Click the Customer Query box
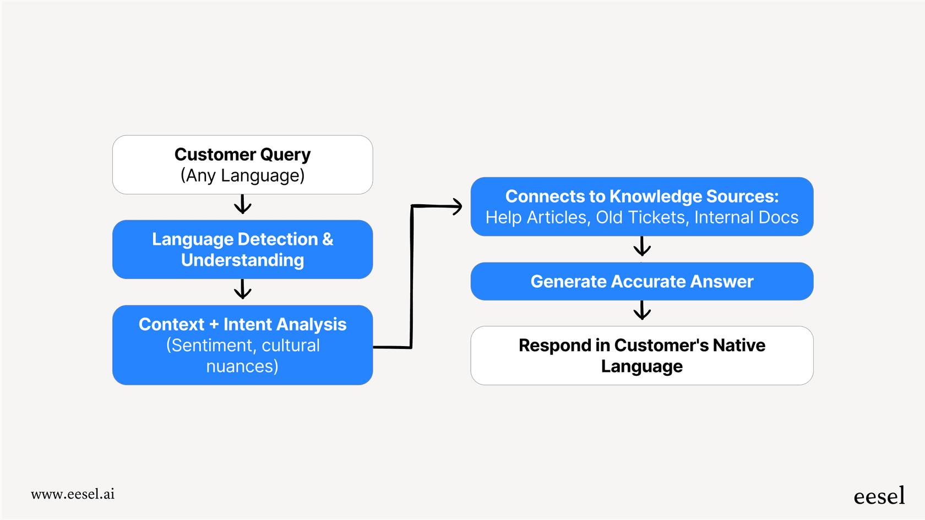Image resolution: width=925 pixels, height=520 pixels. point(242,165)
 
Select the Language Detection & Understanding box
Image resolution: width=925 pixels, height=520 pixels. point(242,249)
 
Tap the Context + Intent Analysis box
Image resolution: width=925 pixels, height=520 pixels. point(242,345)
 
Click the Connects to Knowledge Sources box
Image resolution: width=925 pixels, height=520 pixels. point(641,206)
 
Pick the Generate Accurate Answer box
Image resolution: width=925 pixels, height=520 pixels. point(641,281)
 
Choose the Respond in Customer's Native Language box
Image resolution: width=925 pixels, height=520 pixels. point(641,355)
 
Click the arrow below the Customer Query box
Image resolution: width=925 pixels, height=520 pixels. point(242,205)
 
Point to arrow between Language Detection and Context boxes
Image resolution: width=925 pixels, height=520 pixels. point(242,290)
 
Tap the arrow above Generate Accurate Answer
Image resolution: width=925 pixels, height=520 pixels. point(642,248)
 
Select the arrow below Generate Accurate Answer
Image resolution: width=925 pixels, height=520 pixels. point(642,311)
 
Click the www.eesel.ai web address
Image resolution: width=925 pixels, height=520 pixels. point(73,494)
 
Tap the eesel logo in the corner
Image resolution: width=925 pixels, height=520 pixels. point(879,496)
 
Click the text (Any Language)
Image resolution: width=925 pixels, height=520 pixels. point(242,176)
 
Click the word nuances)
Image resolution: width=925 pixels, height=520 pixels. point(242,366)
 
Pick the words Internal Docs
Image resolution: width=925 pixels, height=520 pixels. point(746,217)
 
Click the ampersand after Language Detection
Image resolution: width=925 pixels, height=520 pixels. point(328,239)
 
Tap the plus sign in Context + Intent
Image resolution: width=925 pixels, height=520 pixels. point(214,325)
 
